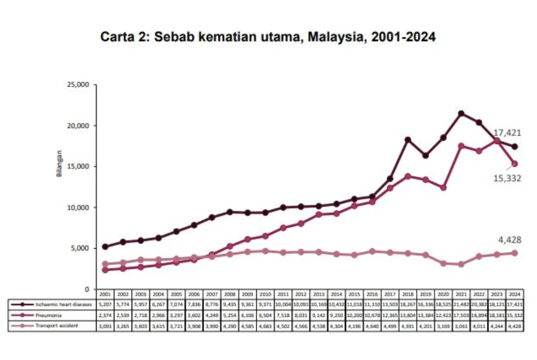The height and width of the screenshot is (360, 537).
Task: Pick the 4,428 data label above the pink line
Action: (510, 240)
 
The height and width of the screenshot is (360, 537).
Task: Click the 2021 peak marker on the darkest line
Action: (461, 113)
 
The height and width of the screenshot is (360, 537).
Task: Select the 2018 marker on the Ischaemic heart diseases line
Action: (408, 140)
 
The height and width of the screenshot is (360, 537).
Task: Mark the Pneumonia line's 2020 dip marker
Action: (444, 188)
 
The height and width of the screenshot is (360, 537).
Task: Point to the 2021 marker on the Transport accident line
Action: (461, 264)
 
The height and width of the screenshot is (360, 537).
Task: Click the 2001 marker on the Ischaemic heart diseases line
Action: (105, 247)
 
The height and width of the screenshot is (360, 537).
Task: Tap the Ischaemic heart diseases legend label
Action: (63, 304)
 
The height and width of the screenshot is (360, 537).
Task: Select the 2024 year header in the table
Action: (514, 294)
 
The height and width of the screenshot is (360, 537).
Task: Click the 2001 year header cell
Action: (105, 294)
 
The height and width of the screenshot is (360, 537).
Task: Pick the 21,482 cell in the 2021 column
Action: (461, 304)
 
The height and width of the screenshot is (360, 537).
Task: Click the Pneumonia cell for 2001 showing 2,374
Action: (105, 314)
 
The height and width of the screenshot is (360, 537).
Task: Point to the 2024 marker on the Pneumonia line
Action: (514, 164)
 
